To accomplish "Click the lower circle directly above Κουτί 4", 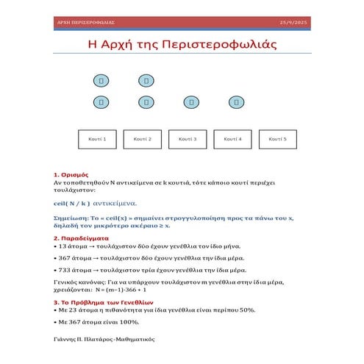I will click(x=237, y=102).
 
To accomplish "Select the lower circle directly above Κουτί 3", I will click(x=191, y=102).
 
